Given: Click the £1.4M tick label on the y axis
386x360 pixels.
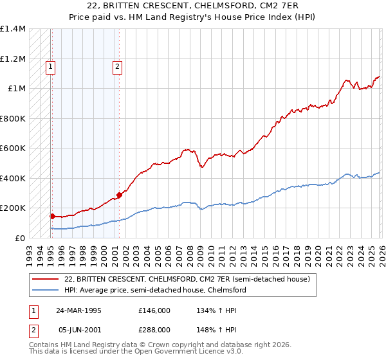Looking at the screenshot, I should click(x=13, y=29).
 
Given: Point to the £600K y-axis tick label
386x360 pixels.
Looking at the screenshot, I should click(x=13, y=148).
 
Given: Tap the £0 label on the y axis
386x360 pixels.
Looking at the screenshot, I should click(x=19, y=238).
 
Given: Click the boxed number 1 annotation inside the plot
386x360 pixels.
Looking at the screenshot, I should click(x=51, y=65).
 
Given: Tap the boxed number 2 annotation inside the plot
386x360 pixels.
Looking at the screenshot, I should click(x=118, y=65).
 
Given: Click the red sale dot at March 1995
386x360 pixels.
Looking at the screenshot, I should click(x=52, y=216).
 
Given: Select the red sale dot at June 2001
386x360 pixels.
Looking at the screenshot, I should click(x=119, y=195).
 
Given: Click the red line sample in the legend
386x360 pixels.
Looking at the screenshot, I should click(x=46, y=279).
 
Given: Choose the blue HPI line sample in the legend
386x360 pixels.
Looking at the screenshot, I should click(x=46, y=290).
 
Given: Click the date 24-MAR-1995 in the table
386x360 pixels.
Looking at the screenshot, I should click(x=78, y=310).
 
